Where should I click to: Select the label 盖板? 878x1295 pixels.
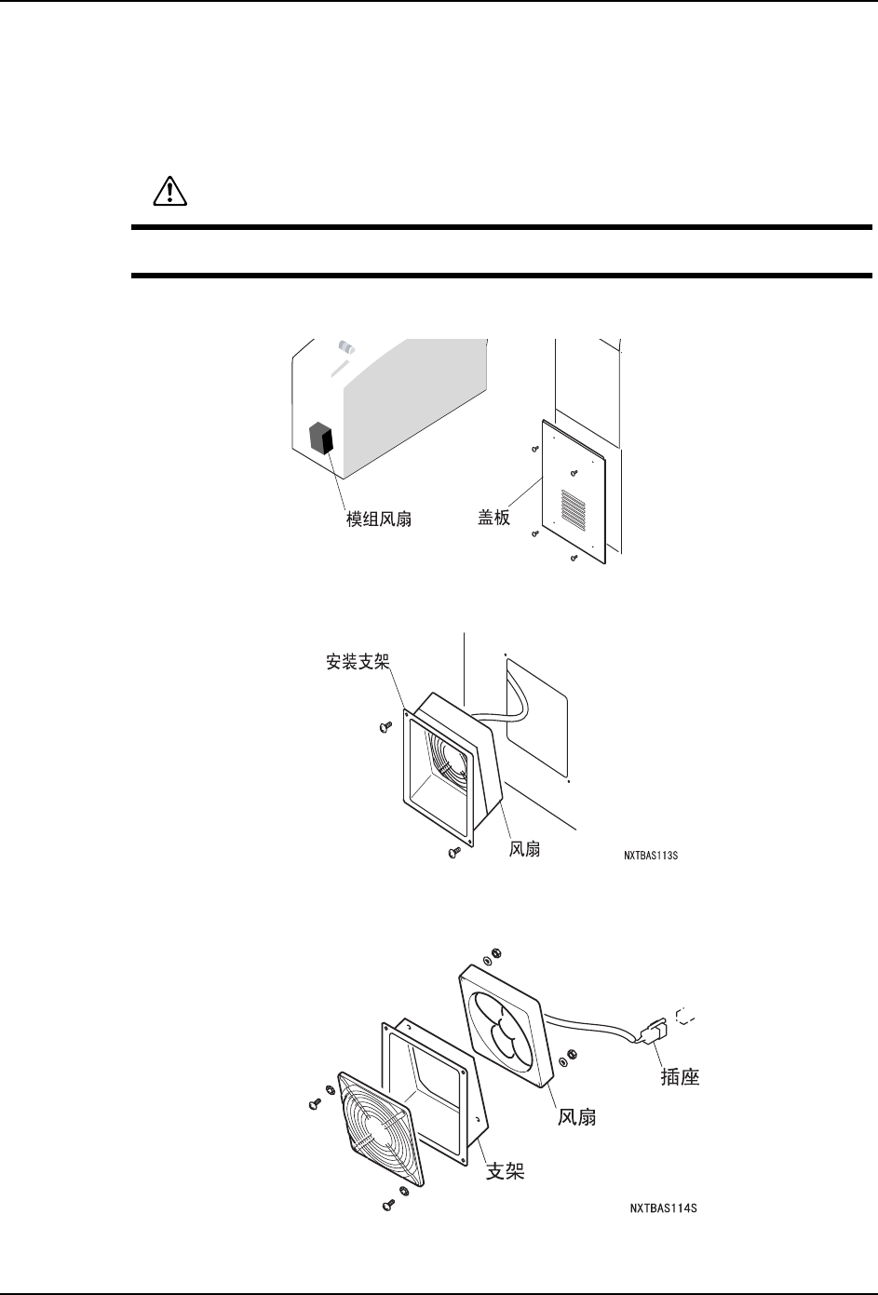point(488,518)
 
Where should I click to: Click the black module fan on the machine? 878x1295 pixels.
point(321,437)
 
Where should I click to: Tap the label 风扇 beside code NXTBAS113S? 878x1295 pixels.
point(525,849)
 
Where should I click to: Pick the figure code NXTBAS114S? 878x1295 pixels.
point(662,1208)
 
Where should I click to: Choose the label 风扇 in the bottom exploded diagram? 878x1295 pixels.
point(577,1116)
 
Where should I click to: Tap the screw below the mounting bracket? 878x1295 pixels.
point(453,853)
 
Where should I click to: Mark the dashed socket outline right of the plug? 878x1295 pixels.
point(686,1016)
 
